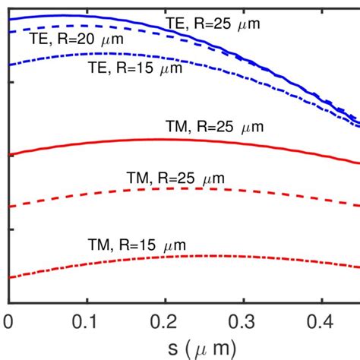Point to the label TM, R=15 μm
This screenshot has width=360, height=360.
(137, 245)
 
